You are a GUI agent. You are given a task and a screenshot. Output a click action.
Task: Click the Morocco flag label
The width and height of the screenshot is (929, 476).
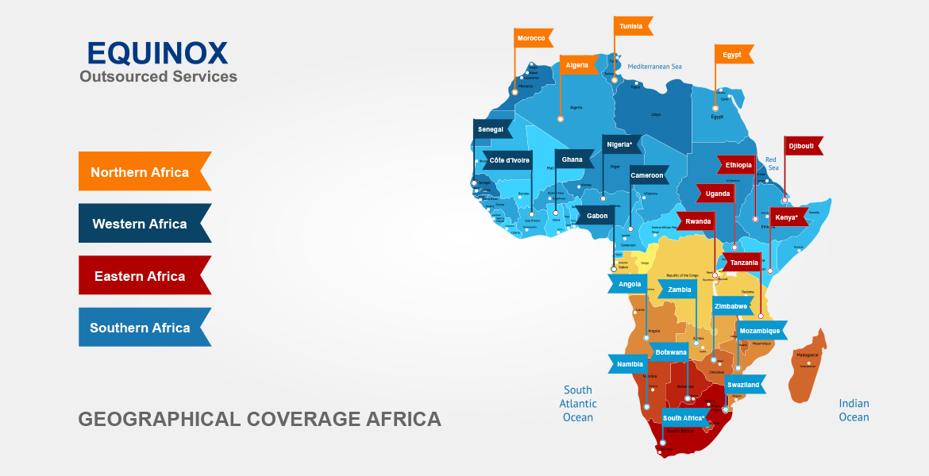pos(532,38)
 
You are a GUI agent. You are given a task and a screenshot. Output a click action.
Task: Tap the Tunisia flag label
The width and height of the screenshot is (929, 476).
pos(632,26)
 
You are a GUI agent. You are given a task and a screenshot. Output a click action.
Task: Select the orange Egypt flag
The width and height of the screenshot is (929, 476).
pos(733,55)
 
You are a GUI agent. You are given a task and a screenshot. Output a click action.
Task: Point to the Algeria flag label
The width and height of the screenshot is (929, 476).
pos(578,65)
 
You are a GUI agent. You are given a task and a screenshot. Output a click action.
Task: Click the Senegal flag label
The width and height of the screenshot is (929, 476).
pos(491,129)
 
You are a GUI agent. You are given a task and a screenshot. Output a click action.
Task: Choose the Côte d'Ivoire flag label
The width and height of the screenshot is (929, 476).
pos(510,160)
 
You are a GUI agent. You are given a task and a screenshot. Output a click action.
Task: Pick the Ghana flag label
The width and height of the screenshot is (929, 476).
pos(572,159)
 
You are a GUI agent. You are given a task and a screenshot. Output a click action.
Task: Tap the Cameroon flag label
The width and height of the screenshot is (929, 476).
pos(647,175)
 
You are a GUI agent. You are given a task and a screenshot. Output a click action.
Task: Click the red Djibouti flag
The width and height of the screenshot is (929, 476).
pos(801,146)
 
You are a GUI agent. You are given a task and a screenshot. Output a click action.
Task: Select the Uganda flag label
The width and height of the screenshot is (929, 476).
pos(718,194)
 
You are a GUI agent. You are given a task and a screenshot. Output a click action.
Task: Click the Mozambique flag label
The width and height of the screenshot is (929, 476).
pos(760,330)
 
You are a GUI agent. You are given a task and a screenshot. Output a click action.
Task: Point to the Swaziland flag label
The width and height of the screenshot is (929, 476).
pos(744,385)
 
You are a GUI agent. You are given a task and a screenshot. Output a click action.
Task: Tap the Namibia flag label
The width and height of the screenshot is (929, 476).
pos(630,364)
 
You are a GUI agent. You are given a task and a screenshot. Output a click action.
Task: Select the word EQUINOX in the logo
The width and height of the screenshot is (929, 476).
pos(157,53)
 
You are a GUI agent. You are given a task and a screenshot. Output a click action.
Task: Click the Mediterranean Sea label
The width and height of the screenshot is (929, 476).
pos(655,67)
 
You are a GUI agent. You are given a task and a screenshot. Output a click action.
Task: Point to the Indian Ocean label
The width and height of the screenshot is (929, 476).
pos(854,410)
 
